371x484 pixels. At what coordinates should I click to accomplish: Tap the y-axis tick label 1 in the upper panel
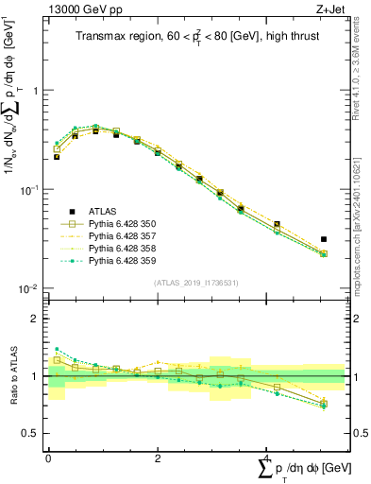[35, 91]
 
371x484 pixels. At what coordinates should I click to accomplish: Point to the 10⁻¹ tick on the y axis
[31, 190]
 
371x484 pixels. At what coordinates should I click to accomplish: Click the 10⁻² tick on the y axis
[31, 288]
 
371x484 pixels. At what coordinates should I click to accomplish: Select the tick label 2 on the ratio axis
[35, 320]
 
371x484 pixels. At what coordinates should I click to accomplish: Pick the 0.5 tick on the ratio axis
[31, 434]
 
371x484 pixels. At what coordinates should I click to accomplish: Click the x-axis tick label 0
[48, 457]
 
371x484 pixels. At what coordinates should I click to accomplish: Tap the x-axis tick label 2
[158, 457]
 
